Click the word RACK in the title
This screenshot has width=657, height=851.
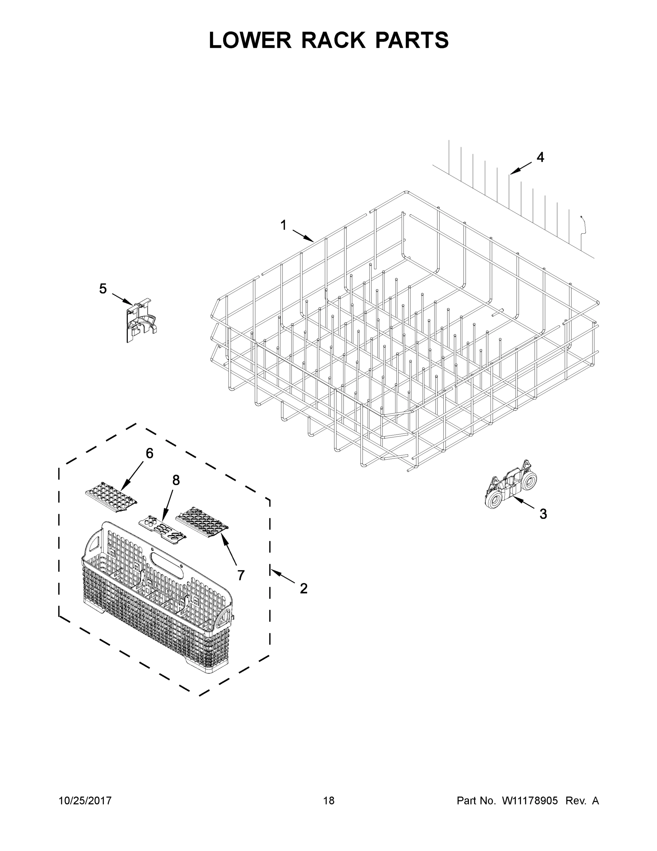[333, 40]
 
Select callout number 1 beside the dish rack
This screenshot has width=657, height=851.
[283, 225]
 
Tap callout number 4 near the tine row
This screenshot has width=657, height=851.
[540, 157]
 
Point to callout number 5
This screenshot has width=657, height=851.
[103, 289]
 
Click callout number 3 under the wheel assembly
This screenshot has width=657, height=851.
[543, 514]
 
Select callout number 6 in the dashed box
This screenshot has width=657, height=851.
[149, 453]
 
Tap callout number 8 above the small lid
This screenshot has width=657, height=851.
[176, 480]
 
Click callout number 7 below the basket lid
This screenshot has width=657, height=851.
[241, 575]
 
